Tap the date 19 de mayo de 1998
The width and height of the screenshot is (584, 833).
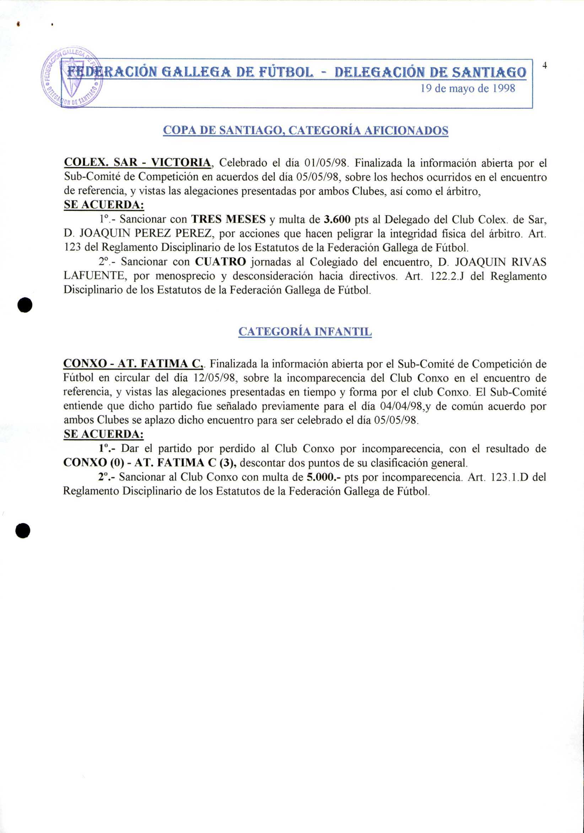click(x=468, y=89)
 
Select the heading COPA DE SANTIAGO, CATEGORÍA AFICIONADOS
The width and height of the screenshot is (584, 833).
click(x=305, y=130)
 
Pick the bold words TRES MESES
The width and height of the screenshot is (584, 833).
click(x=228, y=219)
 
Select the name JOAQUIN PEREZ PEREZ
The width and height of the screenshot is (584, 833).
click(x=148, y=233)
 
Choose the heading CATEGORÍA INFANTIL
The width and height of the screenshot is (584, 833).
click(x=305, y=332)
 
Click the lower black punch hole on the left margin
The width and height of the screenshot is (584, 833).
click(x=23, y=531)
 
